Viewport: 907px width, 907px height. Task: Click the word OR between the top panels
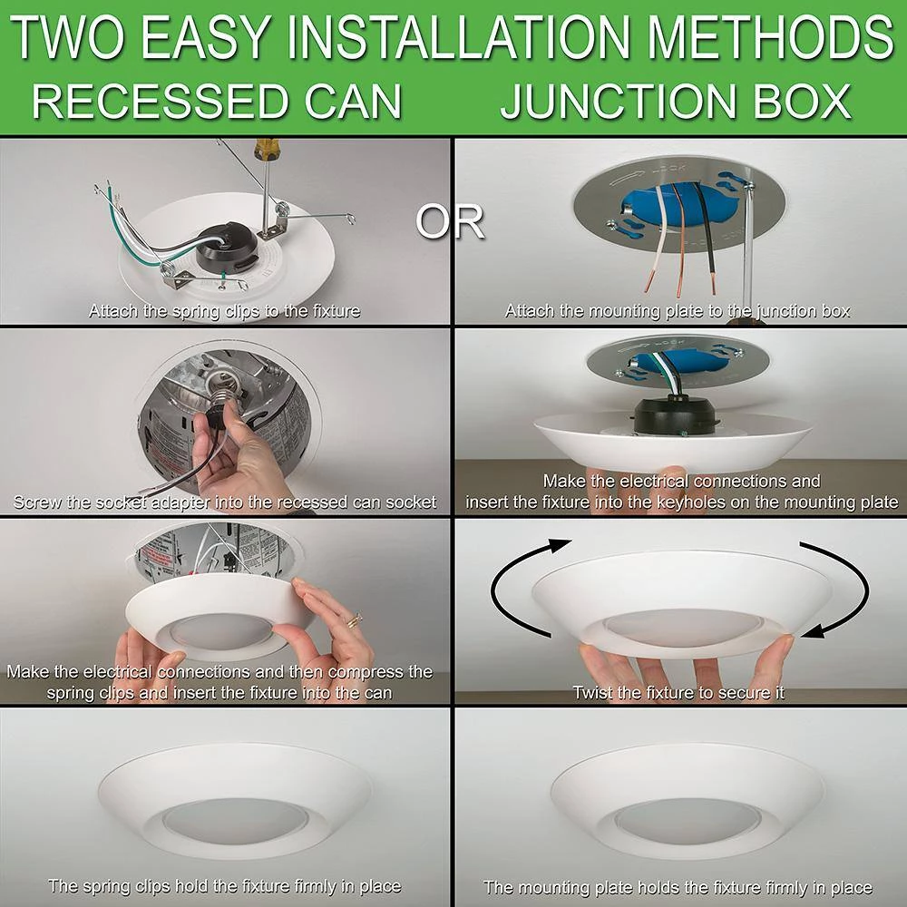point(451,220)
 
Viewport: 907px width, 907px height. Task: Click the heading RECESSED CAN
point(218,102)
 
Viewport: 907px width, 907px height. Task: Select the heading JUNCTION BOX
point(676,102)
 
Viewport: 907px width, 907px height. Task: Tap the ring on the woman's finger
point(353,619)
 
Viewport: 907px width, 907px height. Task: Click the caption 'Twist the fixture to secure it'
point(678,693)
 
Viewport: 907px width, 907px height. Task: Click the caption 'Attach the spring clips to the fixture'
point(225,311)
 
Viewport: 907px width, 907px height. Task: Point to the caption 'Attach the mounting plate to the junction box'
point(678,311)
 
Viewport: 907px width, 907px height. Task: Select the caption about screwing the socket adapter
point(225,502)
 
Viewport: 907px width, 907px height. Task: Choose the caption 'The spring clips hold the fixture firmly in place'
point(225,886)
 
